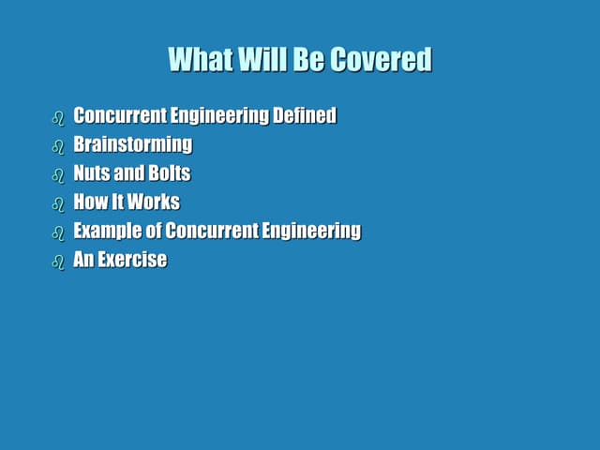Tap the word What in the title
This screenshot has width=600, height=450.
pyautogui.click(x=200, y=59)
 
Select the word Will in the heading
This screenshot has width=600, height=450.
pyautogui.click(x=262, y=59)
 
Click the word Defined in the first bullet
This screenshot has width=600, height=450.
pyautogui.click(x=304, y=116)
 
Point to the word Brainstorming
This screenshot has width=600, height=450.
pyautogui.click(x=132, y=144)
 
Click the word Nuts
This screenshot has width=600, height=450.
pyautogui.click(x=91, y=173)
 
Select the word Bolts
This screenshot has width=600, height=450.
pyautogui.click(x=169, y=173)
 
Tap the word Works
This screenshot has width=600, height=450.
pyautogui.click(x=154, y=202)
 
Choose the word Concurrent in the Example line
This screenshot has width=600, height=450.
pyautogui.click(x=209, y=231)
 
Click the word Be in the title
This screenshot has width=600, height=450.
pyautogui.click(x=307, y=59)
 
